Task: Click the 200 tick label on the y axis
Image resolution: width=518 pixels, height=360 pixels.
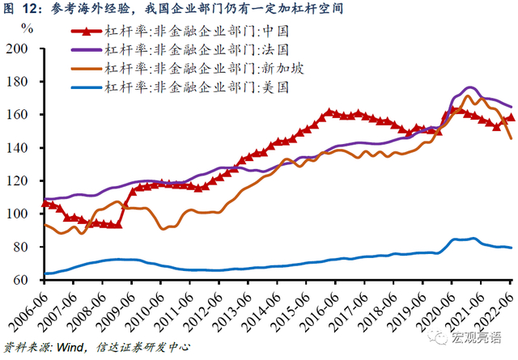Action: pyautogui.click(x=17, y=49)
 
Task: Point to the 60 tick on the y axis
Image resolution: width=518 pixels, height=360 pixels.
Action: pyautogui.click(x=21, y=280)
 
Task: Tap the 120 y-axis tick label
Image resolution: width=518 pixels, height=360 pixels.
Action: pyautogui.click(x=17, y=181)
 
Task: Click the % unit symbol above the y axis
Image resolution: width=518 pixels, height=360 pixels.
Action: pyautogui.click(x=27, y=29)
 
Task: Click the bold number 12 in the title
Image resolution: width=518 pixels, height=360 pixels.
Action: pyautogui.click(x=30, y=9)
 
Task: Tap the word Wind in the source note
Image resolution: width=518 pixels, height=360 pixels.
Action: pyautogui.click(x=70, y=347)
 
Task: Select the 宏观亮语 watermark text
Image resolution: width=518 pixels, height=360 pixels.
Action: pyautogui.click(x=476, y=337)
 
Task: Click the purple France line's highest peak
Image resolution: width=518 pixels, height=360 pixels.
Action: pyautogui.click(x=469, y=87)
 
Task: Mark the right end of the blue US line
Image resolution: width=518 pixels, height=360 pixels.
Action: pyautogui.click(x=512, y=248)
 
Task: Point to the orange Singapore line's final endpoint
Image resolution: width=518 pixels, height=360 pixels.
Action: pyautogui.click(x=512, y=138)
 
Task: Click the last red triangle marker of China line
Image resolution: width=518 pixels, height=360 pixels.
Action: pyautogui.click(x=511, y=117)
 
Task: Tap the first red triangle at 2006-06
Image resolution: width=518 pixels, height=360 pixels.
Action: pyautogui.click(x=45, y=203)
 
